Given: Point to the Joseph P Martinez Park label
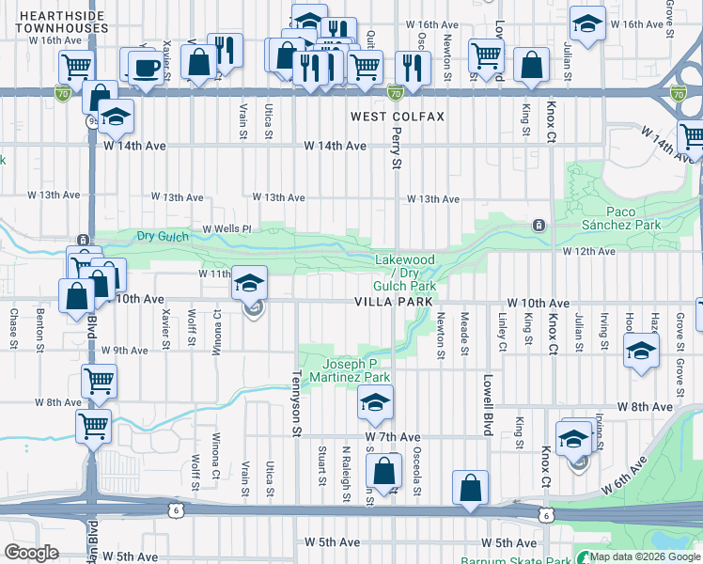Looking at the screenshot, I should pos(356,370).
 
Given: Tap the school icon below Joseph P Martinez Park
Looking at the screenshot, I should pos(374,404).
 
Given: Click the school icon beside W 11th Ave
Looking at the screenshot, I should pos(250,282).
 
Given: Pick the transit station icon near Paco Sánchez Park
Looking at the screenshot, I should pos(539,226).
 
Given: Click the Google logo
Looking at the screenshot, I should pos(30,553).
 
